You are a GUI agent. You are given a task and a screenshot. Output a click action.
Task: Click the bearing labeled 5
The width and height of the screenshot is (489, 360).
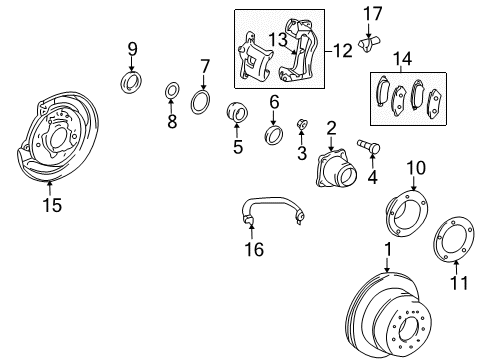[x=239, y=114]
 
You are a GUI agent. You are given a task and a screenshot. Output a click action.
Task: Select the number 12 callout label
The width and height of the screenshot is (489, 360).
[x=343, y=48]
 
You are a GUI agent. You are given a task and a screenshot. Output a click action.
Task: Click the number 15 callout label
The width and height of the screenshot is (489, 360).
[x=50, y=206]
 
